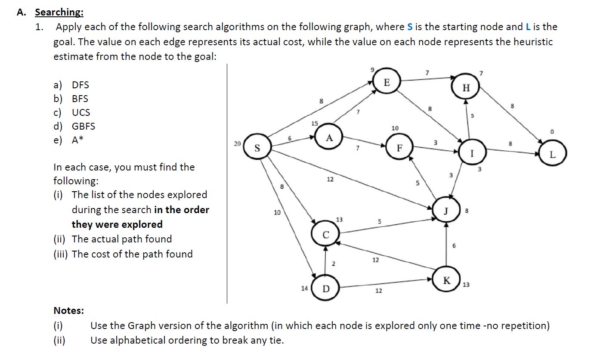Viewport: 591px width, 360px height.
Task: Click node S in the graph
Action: [257, 149]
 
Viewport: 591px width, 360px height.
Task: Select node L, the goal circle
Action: [553, 154]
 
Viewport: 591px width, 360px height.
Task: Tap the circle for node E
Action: [387, 83]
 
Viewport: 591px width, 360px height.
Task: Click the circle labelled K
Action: [446, 281]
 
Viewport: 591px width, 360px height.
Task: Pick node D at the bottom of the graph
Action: [325, 289]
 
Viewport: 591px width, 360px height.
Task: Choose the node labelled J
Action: [446, 211]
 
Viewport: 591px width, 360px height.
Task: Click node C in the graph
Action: [326, 235]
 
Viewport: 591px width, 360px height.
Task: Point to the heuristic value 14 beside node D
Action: [304, 288]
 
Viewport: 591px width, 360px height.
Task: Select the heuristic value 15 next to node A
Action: [315, 124]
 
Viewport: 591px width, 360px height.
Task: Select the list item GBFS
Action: [84, 126]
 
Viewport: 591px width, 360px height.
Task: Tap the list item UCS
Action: [81, 112]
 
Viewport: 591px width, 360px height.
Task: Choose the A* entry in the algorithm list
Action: [78, 140]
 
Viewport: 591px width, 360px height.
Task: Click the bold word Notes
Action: [68, 310]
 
